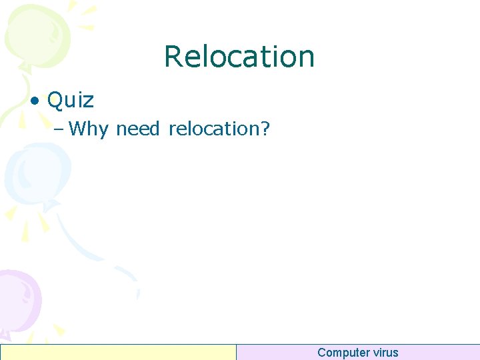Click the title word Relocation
click(239, 57)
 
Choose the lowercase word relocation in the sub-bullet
click(213, 128)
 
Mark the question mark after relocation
click(265, 128)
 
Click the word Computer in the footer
click(344, 353)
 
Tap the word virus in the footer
click(386, 353)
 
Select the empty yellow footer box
click(119, 352)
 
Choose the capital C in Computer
click(322, 353)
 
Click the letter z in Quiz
click(89, 101)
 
